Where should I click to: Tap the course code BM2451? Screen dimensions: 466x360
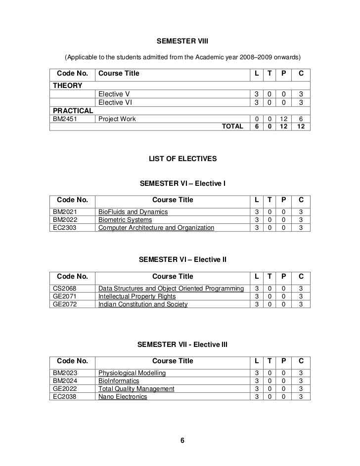click(x=63, y=119)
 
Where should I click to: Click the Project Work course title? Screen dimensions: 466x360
click(x=117, y=119)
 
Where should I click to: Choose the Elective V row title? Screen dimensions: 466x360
click(x=115, y=94)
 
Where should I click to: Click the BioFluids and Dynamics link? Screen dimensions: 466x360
click(x=133, y=212)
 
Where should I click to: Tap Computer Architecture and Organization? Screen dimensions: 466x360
click(x=156, y=228)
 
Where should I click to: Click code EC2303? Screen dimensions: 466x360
click(x=63, y=228)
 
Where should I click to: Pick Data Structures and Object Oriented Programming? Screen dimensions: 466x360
click(x=171, y=289)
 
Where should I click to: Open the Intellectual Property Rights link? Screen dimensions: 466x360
click(x=136, y=297)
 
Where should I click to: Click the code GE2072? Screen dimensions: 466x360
click(x=63, y=304)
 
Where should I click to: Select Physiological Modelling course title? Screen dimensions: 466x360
click(x=132, y=373)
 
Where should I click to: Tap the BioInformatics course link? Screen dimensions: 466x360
click(x=119, y=381)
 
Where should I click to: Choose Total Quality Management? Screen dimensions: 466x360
click(x=136, y=389)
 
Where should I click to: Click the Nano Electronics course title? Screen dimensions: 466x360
click(x=123, y=397)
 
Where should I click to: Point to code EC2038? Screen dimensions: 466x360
click(x=63, y=397)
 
